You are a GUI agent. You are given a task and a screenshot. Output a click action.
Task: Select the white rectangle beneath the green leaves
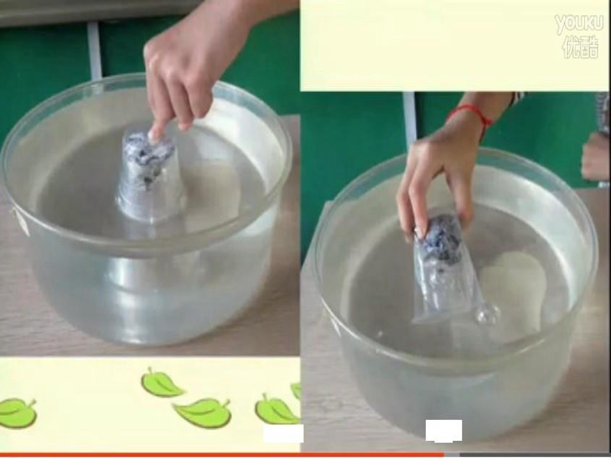tap(283, 433)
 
